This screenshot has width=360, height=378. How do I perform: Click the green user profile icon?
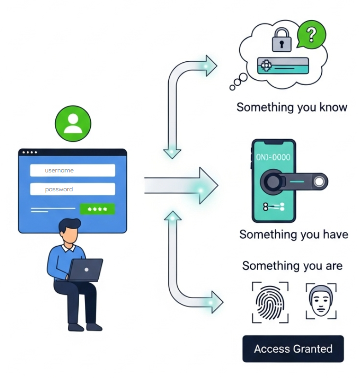[x=73, y=124]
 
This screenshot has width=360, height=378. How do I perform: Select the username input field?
[x=72, y=171]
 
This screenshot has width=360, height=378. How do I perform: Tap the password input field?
[x=72, y=189]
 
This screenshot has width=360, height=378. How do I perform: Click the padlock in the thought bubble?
[x=281, y=41]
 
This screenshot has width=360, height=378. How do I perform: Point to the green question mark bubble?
[x=312, y=34]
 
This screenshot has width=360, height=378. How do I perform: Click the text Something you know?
[x=291, y=107]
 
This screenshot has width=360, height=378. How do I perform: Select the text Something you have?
[x=294, y=234]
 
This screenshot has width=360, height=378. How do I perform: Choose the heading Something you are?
[x=292, y=266]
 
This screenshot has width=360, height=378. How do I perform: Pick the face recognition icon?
[x=321, y=301]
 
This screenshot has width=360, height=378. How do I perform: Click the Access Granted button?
[x=293, y=348]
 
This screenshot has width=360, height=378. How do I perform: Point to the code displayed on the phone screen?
[x=273, y=157]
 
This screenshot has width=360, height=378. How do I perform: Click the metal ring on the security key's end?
[x=319, y=183]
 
